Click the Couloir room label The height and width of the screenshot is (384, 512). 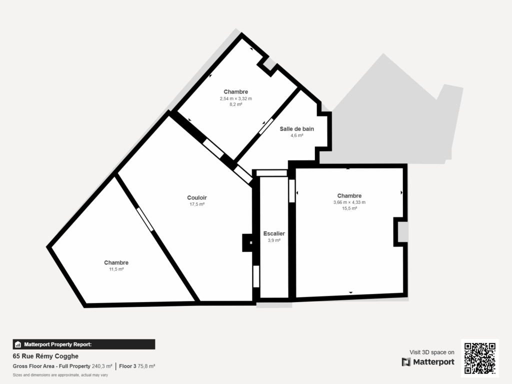coord(197,197)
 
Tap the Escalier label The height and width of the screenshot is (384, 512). coord(274,233)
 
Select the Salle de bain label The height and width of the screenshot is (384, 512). coord(296,128)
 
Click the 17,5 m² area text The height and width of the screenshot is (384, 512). coord(197,204)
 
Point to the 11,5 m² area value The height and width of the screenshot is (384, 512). coord(116,269)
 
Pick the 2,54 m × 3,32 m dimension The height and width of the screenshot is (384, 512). coord(235,98)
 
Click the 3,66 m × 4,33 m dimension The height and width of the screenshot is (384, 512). coord(349,202)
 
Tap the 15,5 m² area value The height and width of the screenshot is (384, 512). coord(349,209)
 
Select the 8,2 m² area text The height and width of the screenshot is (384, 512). coord(235,105)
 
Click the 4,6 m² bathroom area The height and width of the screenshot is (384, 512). coord(296,135)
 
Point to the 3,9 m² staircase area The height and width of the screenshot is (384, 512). coord(274,240)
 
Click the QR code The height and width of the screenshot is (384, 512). coord(480,358)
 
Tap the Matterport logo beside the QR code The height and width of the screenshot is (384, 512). coord(428,362)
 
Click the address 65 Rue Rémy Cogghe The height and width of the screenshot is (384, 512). coord(45,356)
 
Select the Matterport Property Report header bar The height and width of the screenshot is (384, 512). coord(84,344)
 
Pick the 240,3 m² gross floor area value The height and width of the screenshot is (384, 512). coord(102,366)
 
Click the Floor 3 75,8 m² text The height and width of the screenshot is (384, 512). coord(137,366)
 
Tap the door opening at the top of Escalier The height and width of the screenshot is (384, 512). coord(272,173)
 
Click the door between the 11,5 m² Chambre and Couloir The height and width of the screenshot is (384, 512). coord(145,219)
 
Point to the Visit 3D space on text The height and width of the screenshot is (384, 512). coord(432,352)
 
